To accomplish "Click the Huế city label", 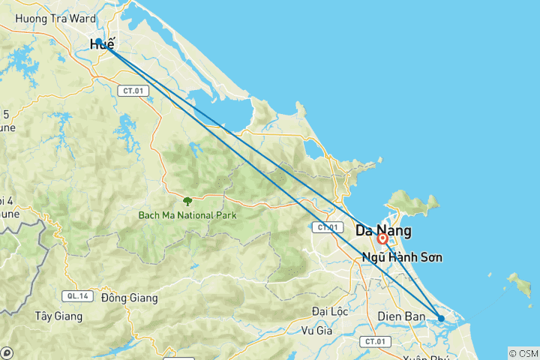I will [x=102, y=45].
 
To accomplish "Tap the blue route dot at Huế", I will [x=98, y=42].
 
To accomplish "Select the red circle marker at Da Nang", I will [x=382, y=238].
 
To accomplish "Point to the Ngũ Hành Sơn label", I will [x=401, y=257].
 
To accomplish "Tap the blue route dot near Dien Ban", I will [x=441, y=319].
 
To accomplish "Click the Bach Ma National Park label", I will [x=187, y=215].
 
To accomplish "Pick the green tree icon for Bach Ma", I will [x=187, y=201].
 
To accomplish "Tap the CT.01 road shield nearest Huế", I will [x=133, y=90].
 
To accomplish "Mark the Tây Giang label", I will [x=57, y=316].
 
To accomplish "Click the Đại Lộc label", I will [x=331, y=310].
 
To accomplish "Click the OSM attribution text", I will [x=523, y=353].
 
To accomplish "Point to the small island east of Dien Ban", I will [x=517, y=282].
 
